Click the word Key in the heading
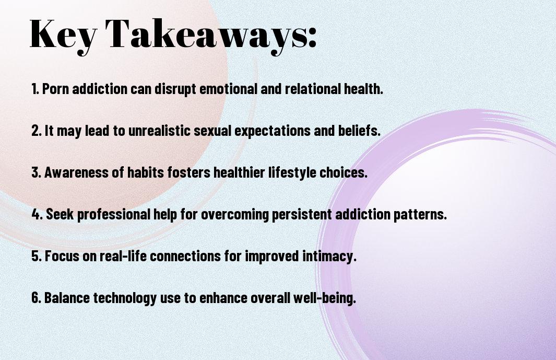point(63,35)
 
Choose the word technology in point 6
point(125,298)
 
